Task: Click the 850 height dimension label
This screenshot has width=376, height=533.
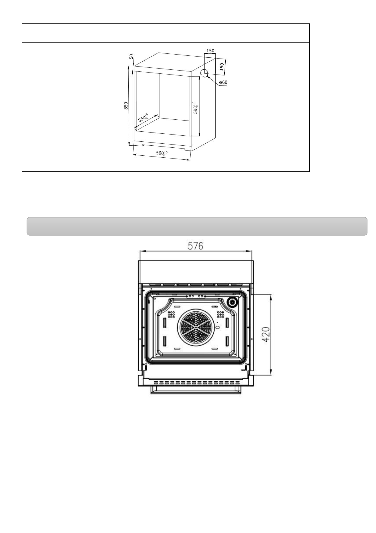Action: [126, 106]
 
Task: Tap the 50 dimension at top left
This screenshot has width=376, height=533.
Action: [131, 57]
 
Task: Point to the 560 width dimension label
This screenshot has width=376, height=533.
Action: [162, 153]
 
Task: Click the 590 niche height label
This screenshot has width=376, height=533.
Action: [196, 108]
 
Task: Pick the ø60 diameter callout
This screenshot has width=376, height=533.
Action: [223, 83]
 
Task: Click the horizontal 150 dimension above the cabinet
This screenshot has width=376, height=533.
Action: [210, 51]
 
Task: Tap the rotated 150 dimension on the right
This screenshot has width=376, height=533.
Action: [221, 67]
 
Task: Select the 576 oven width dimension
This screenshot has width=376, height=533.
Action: [195, 246]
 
